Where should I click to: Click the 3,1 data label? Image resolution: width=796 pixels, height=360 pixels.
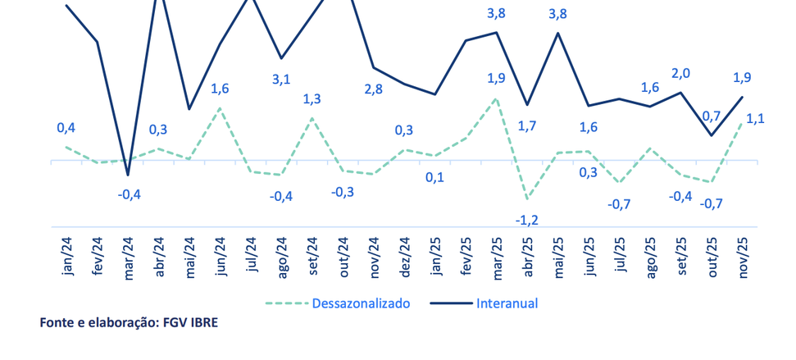[281, 80]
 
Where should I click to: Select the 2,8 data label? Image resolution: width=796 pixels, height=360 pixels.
[374, 89]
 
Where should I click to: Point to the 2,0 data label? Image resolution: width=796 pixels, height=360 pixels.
[680, 73]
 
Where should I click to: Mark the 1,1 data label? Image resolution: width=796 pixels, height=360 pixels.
[755, 118]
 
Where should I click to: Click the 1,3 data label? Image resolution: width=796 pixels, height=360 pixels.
[312, 99]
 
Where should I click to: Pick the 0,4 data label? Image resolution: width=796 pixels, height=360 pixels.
[66, 127]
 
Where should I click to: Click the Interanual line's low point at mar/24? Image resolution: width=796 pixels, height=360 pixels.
[128, 175]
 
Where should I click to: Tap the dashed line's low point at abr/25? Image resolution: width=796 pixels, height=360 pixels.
[527, 198]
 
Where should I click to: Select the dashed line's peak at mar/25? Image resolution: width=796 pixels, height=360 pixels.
[496, 99]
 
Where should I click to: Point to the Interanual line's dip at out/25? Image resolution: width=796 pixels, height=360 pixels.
[711, 135]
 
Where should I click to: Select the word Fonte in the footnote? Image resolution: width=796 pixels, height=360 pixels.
[57, 323]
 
